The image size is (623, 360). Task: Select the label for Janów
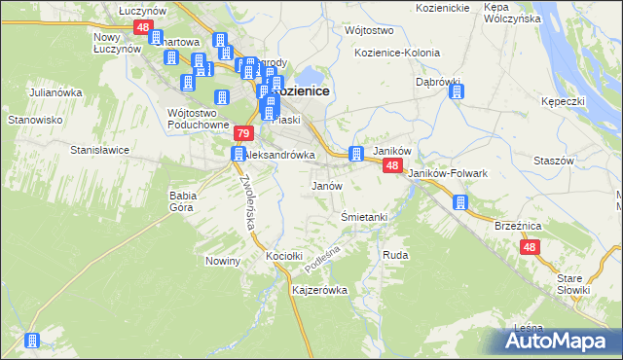click(326, 185)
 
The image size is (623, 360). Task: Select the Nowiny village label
click(223, 261)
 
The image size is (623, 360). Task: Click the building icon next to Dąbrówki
click(457, 93)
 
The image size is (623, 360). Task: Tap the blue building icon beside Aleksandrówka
click(238, 155)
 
